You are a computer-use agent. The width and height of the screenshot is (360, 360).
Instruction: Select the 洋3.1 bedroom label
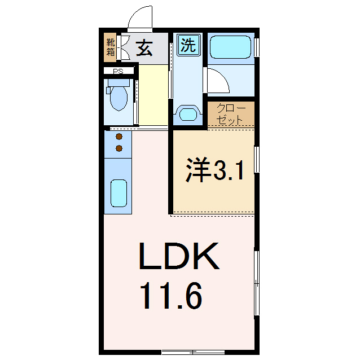(x=215, y=170)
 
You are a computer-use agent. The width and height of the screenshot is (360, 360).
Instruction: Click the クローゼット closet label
(x=230, y=114)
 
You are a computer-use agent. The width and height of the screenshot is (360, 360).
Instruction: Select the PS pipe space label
(x=118, y=72)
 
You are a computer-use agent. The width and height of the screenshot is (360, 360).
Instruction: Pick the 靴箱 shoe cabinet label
(x=111, y=49)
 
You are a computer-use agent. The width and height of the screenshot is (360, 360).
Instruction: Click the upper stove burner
(x=119, y=137)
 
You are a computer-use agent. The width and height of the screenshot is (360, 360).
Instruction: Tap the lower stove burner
(x=119, y=148)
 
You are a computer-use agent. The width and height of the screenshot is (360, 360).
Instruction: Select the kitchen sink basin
(x=118, y=194)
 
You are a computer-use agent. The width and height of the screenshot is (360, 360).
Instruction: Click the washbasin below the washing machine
(x=187, y=114)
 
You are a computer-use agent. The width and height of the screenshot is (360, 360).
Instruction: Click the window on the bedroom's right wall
(x=257, y=160)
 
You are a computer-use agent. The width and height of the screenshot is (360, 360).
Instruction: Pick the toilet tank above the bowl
(x=118, y=82)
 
